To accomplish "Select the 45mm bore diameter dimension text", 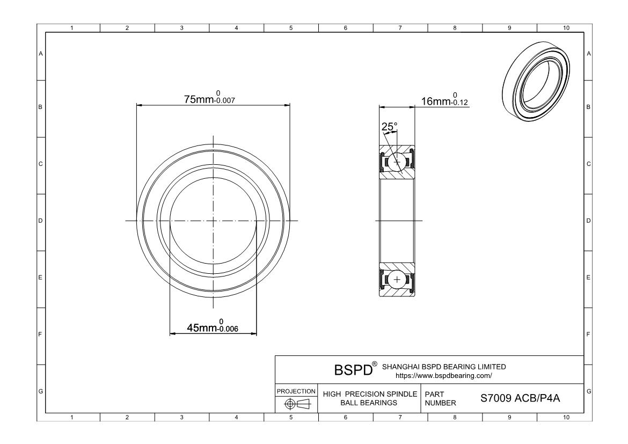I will click(200, 327).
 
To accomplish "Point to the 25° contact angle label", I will click(389, 127).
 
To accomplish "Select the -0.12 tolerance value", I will click(459, 103).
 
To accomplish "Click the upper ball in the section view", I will click(397, 162).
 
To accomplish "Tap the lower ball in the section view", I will click(397, 279).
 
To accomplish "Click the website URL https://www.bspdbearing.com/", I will click(443, 375).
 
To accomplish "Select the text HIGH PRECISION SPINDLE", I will click(370, 394).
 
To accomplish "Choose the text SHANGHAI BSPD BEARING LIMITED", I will click(443, 367).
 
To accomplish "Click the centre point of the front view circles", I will click(213, 221).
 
